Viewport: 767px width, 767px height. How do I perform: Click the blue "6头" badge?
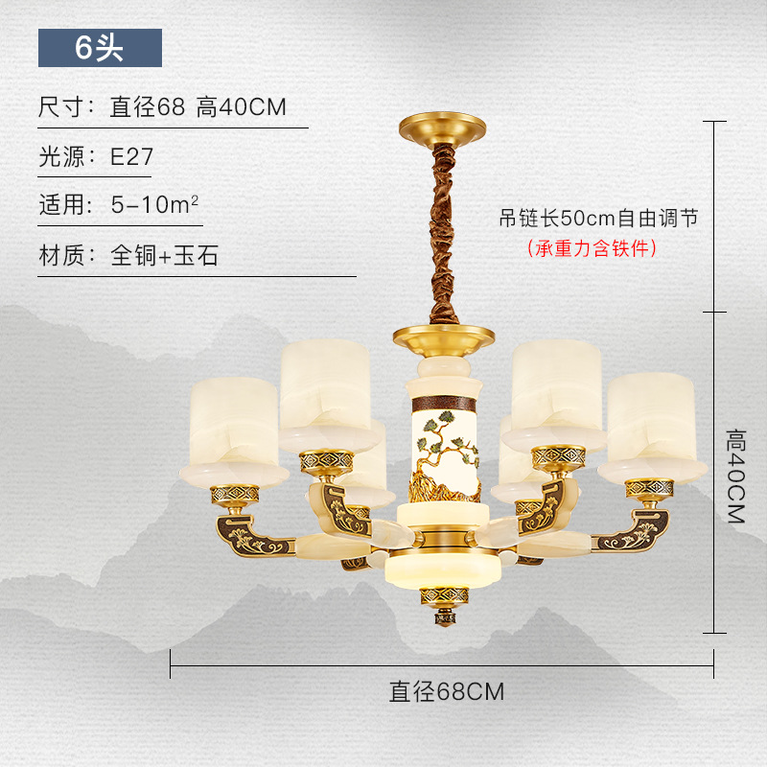(x=100, y=48)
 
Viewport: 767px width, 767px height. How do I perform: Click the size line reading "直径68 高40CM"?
(x=198, y=106)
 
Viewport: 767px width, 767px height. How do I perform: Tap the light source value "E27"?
(x=132, y=156)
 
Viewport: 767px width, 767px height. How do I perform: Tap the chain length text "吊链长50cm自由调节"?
(x=598, y=218)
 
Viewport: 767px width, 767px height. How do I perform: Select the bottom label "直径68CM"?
(x=447, y=690)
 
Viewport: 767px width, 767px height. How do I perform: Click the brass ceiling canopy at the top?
(x=445, y=127)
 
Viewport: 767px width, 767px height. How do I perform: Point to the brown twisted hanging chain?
(x=444, y=230)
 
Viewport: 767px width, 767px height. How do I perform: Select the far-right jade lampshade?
(x=652, y=422)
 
